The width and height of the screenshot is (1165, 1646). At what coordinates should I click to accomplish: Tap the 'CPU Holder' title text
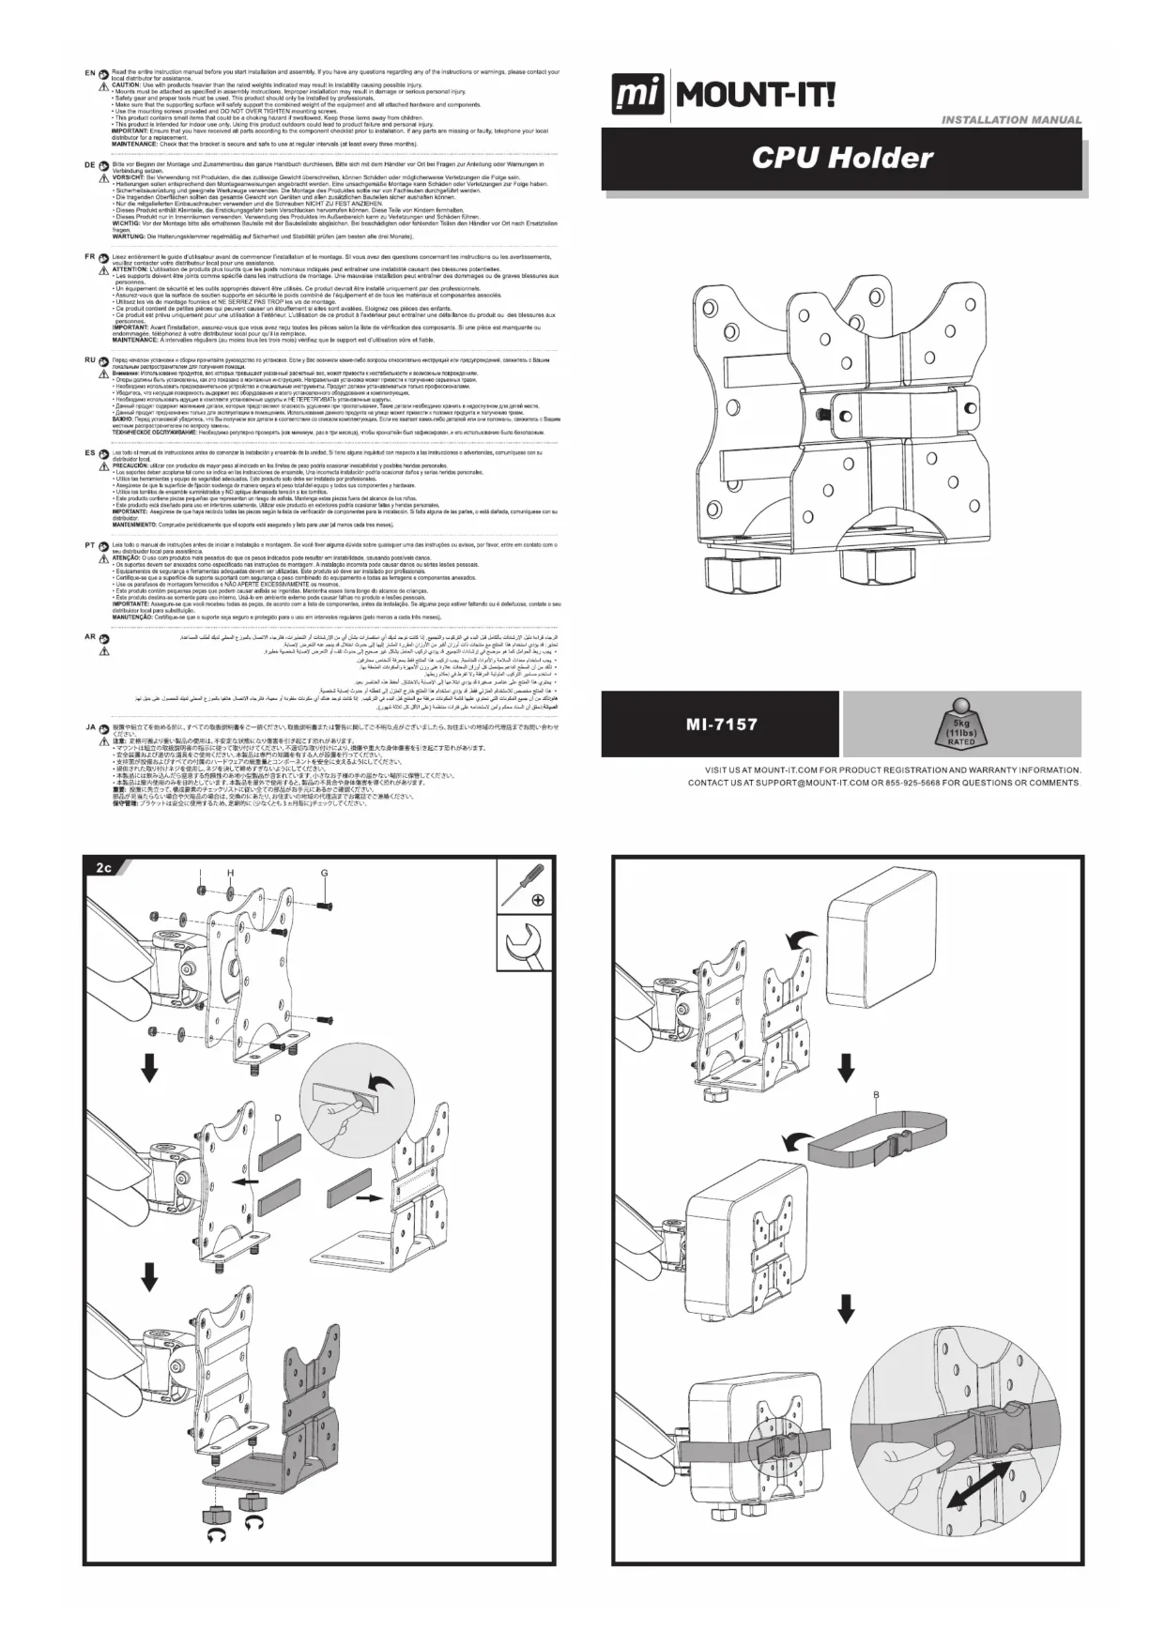point(842,158)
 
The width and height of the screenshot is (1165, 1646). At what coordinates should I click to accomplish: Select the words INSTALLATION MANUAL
point(1011,120)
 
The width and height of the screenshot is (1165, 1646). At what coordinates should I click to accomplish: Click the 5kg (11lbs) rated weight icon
point(961,724)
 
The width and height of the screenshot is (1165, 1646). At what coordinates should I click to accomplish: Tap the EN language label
point(89,72)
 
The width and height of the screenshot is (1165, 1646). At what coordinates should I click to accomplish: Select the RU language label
point(89,360)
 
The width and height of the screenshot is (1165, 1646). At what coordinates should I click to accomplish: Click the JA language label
point(89,727)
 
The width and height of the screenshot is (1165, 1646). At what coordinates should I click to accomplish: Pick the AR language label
point(89,638)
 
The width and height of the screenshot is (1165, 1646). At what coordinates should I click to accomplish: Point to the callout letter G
point(324,873)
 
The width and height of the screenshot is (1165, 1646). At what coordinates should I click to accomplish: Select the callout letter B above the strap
point(875,1096)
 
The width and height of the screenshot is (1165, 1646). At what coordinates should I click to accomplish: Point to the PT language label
point(89,544)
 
